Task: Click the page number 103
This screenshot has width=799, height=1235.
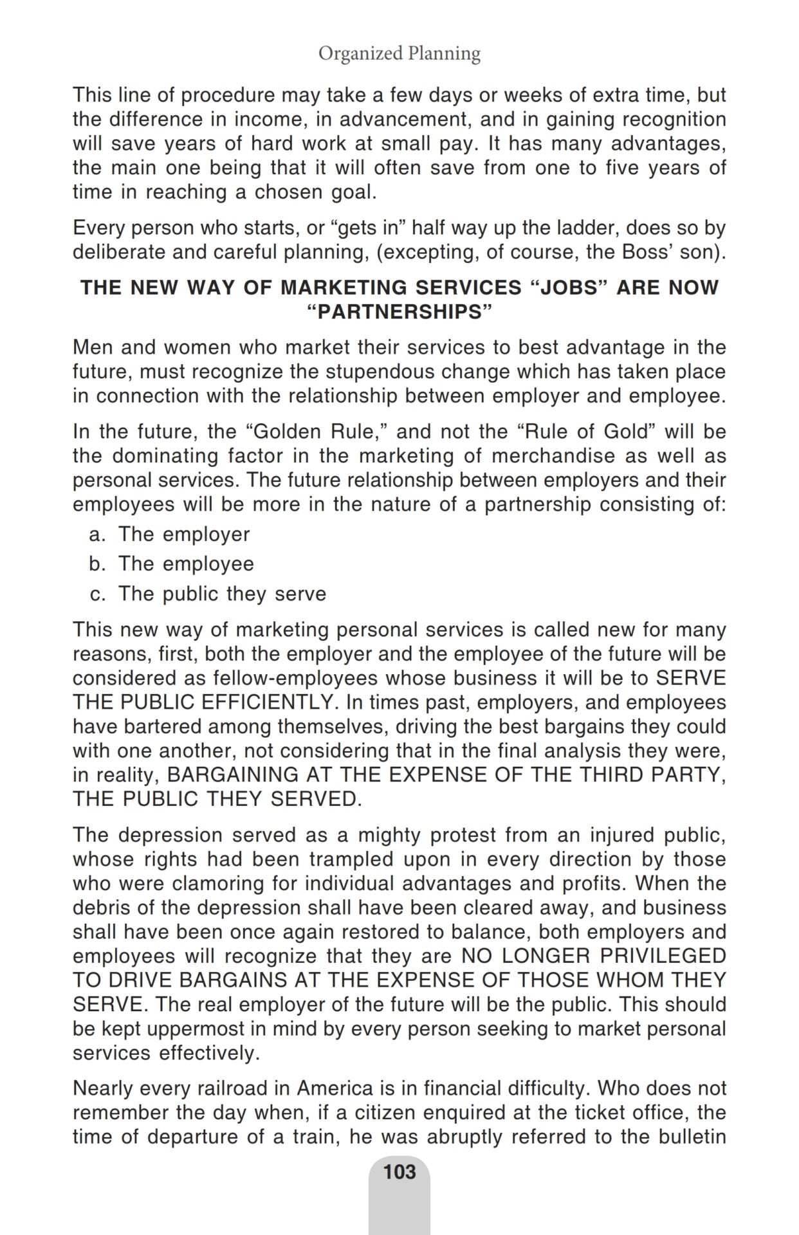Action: coord(399,1171)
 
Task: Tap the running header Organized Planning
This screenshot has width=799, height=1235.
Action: coord(399,53)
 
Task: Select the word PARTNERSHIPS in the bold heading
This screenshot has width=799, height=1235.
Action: coord(399,312)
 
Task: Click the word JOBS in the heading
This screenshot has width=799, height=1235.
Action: coord(571,288)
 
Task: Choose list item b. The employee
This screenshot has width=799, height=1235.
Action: coord(172,563)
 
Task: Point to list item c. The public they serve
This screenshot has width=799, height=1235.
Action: coord(208,593)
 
